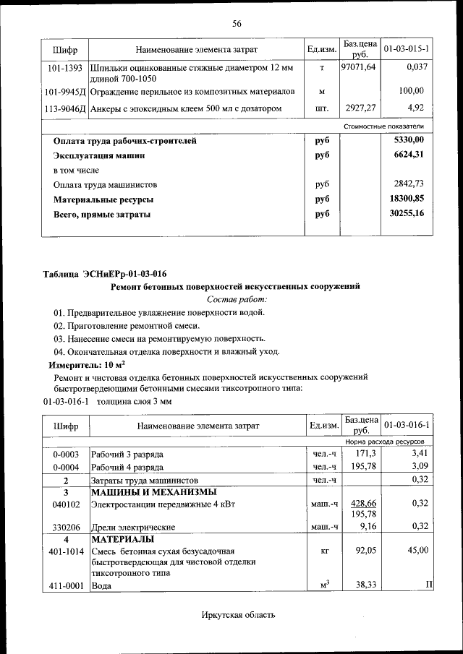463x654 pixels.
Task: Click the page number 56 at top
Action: (236, 24)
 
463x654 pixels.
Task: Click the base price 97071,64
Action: (358, 67)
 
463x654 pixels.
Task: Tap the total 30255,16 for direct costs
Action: (406, 214)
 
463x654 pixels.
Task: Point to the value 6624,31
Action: (406, 155)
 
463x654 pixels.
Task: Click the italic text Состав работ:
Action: (237, 299)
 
